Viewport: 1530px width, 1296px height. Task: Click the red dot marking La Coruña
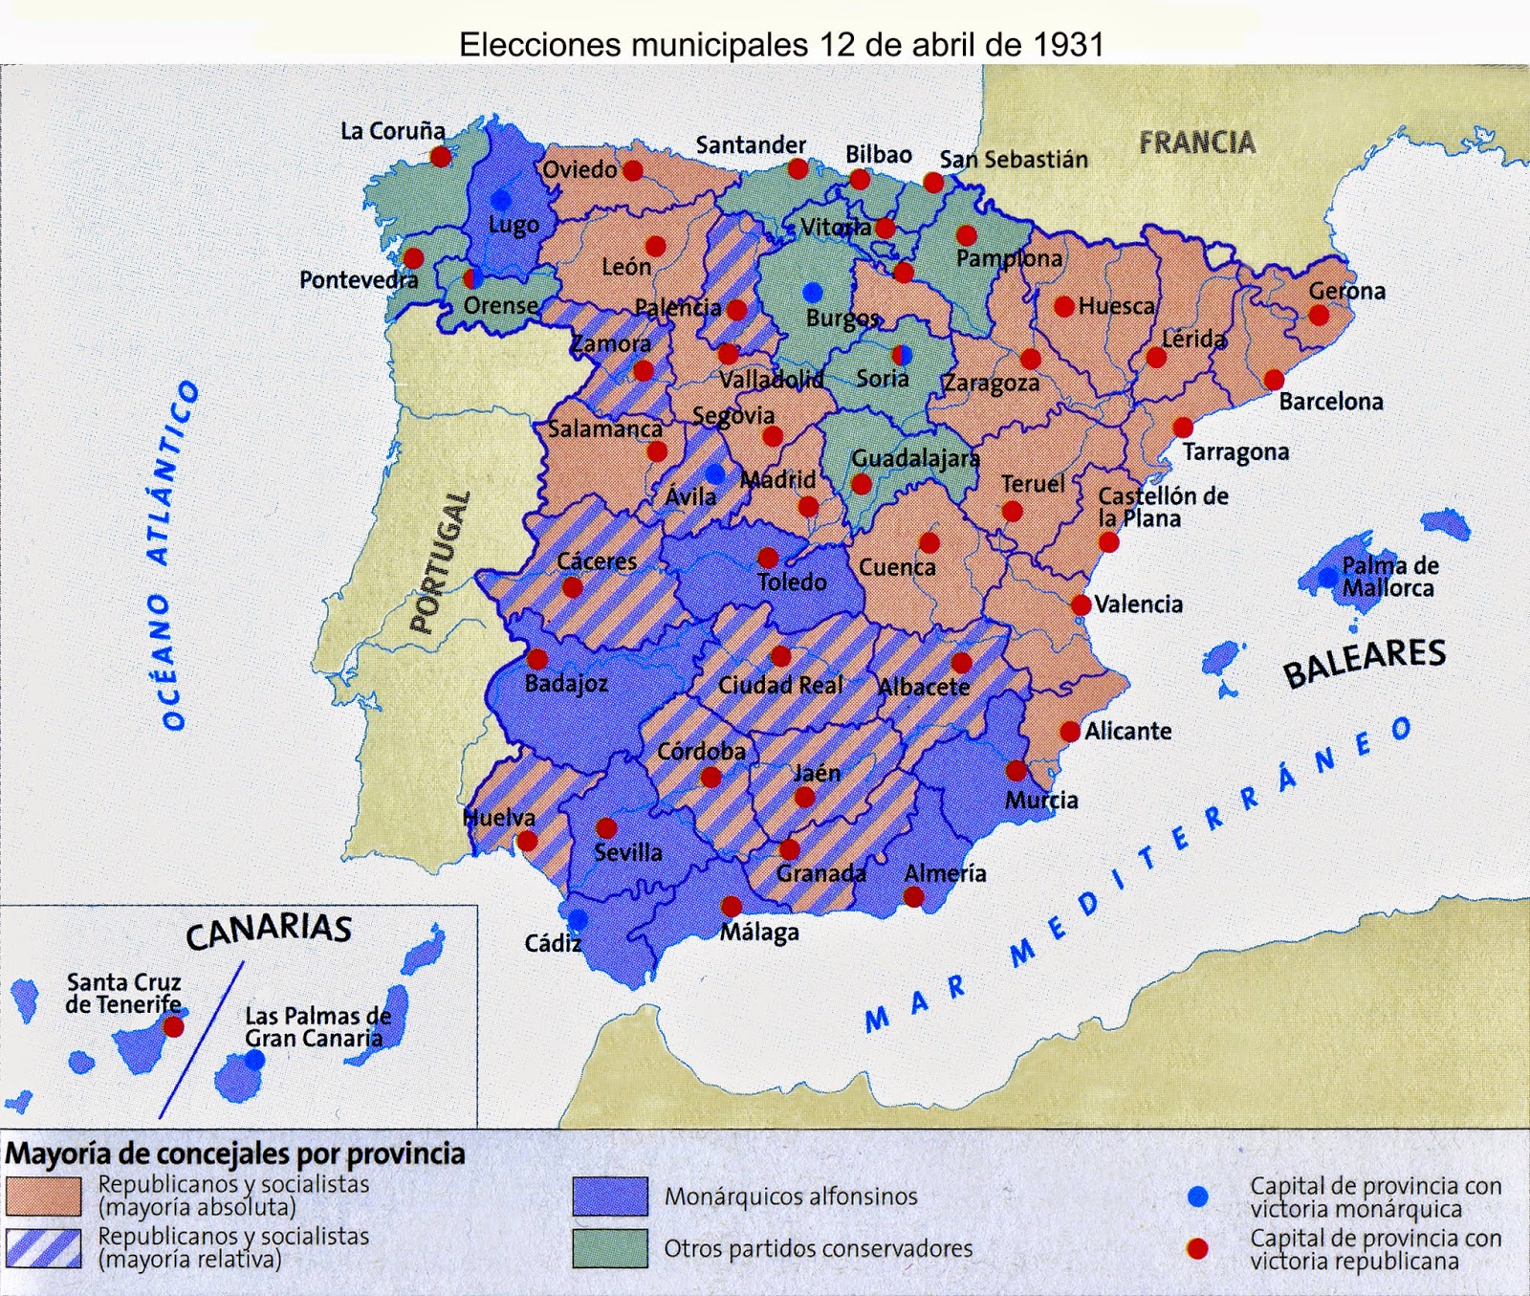tap(440, 156)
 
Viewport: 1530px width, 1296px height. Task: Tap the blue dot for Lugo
tap(500, 200)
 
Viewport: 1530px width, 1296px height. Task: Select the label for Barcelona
tap(1330, 402)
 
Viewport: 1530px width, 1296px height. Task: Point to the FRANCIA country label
tap(1196, 143)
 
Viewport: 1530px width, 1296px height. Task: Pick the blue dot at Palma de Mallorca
tap(1328, 577)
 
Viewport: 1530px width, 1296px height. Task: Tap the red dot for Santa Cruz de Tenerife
tap(173, 1027)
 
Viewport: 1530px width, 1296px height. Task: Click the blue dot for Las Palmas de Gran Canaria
tap(254, 1060)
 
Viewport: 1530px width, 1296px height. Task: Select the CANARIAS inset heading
tap(269, 931)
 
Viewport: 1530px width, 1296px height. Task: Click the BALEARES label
tap(1364, 662)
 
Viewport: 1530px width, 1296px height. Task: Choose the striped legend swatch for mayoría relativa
tap(43, 1248)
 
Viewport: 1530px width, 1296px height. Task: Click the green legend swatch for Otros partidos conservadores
tap(610, 1248)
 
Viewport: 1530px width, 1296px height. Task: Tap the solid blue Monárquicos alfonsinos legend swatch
tap(610, 1196)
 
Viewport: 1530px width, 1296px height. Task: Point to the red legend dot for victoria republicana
tap(1197, 1248)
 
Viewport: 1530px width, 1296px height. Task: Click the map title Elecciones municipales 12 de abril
tap(780, 44)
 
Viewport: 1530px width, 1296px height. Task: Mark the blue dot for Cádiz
tap(577, 919)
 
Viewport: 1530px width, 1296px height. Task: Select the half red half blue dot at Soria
tap(901, 356)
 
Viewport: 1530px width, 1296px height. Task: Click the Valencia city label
tap(1138, 604)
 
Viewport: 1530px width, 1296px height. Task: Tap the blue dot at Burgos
tap(813, 292)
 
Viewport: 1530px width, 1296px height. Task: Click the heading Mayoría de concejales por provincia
tap(235, 1153)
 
